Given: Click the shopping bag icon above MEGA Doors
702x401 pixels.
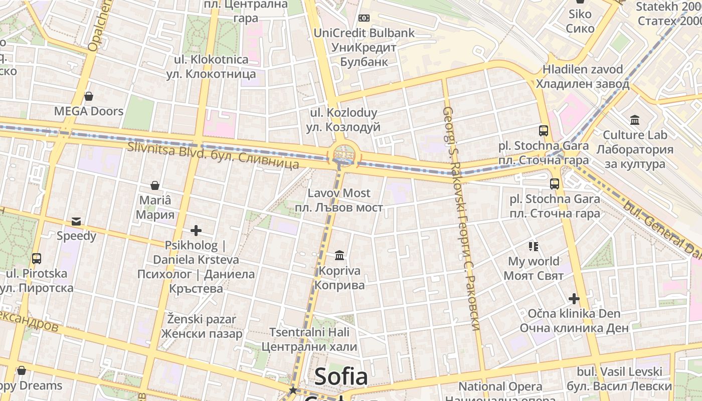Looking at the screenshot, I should click(89, 96).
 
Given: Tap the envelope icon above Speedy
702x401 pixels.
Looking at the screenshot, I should click(76, 221).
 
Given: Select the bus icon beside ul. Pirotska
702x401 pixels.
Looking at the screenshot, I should click(37, 259).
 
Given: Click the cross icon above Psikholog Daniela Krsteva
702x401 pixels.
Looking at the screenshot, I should click(196, 231).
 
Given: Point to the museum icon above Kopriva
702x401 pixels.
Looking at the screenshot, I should click(339, 256).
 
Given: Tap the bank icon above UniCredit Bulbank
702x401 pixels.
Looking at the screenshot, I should click(364, 18).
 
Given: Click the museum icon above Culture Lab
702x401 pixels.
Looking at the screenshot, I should click(635, 120).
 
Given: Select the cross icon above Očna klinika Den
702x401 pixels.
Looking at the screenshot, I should click(574, 299).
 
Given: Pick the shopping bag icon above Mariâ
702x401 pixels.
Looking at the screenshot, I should click(155, 185).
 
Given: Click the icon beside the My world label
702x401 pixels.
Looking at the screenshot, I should click(534, 246).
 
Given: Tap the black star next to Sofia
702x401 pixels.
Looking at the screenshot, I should click(293, 390).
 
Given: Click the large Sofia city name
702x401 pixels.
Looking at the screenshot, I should click(341, 377).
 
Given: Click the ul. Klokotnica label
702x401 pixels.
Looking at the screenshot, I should click(211, 67).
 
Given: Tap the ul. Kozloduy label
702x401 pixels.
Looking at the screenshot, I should click(344, 120).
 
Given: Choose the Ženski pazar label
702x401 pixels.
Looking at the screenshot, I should click(202, 326).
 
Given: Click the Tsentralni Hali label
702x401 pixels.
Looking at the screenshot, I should click(309, 339).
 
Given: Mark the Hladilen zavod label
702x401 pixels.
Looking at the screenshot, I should click(583, 76).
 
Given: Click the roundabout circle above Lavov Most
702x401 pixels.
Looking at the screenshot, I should click(344, 154).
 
